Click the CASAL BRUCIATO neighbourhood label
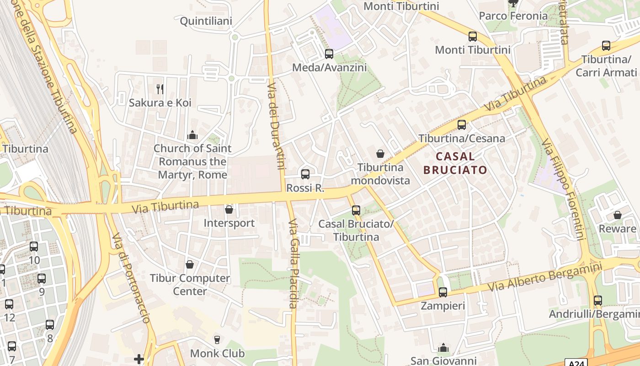click(x=455, y=163)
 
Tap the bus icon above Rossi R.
click(x=305, y=174)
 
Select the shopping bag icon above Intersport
click(x=229, y=210)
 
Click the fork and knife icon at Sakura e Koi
click(x=160, y=89)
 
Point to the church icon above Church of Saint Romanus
click(x=192, y=135)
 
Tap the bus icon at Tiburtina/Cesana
click(x=462, y=124)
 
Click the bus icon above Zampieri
click(x=443, y=292)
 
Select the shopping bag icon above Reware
click(x=617, y=215)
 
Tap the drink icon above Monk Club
click(x=217, y=339)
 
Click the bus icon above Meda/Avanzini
click(x=329, y=54)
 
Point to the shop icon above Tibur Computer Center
click(x=190, y=264)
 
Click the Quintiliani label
click(x=206, y=21)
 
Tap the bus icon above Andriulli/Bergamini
click(x=597, y=301)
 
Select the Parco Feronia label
click(x=513, y=16)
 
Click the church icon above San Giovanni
click(x=443, y=348)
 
